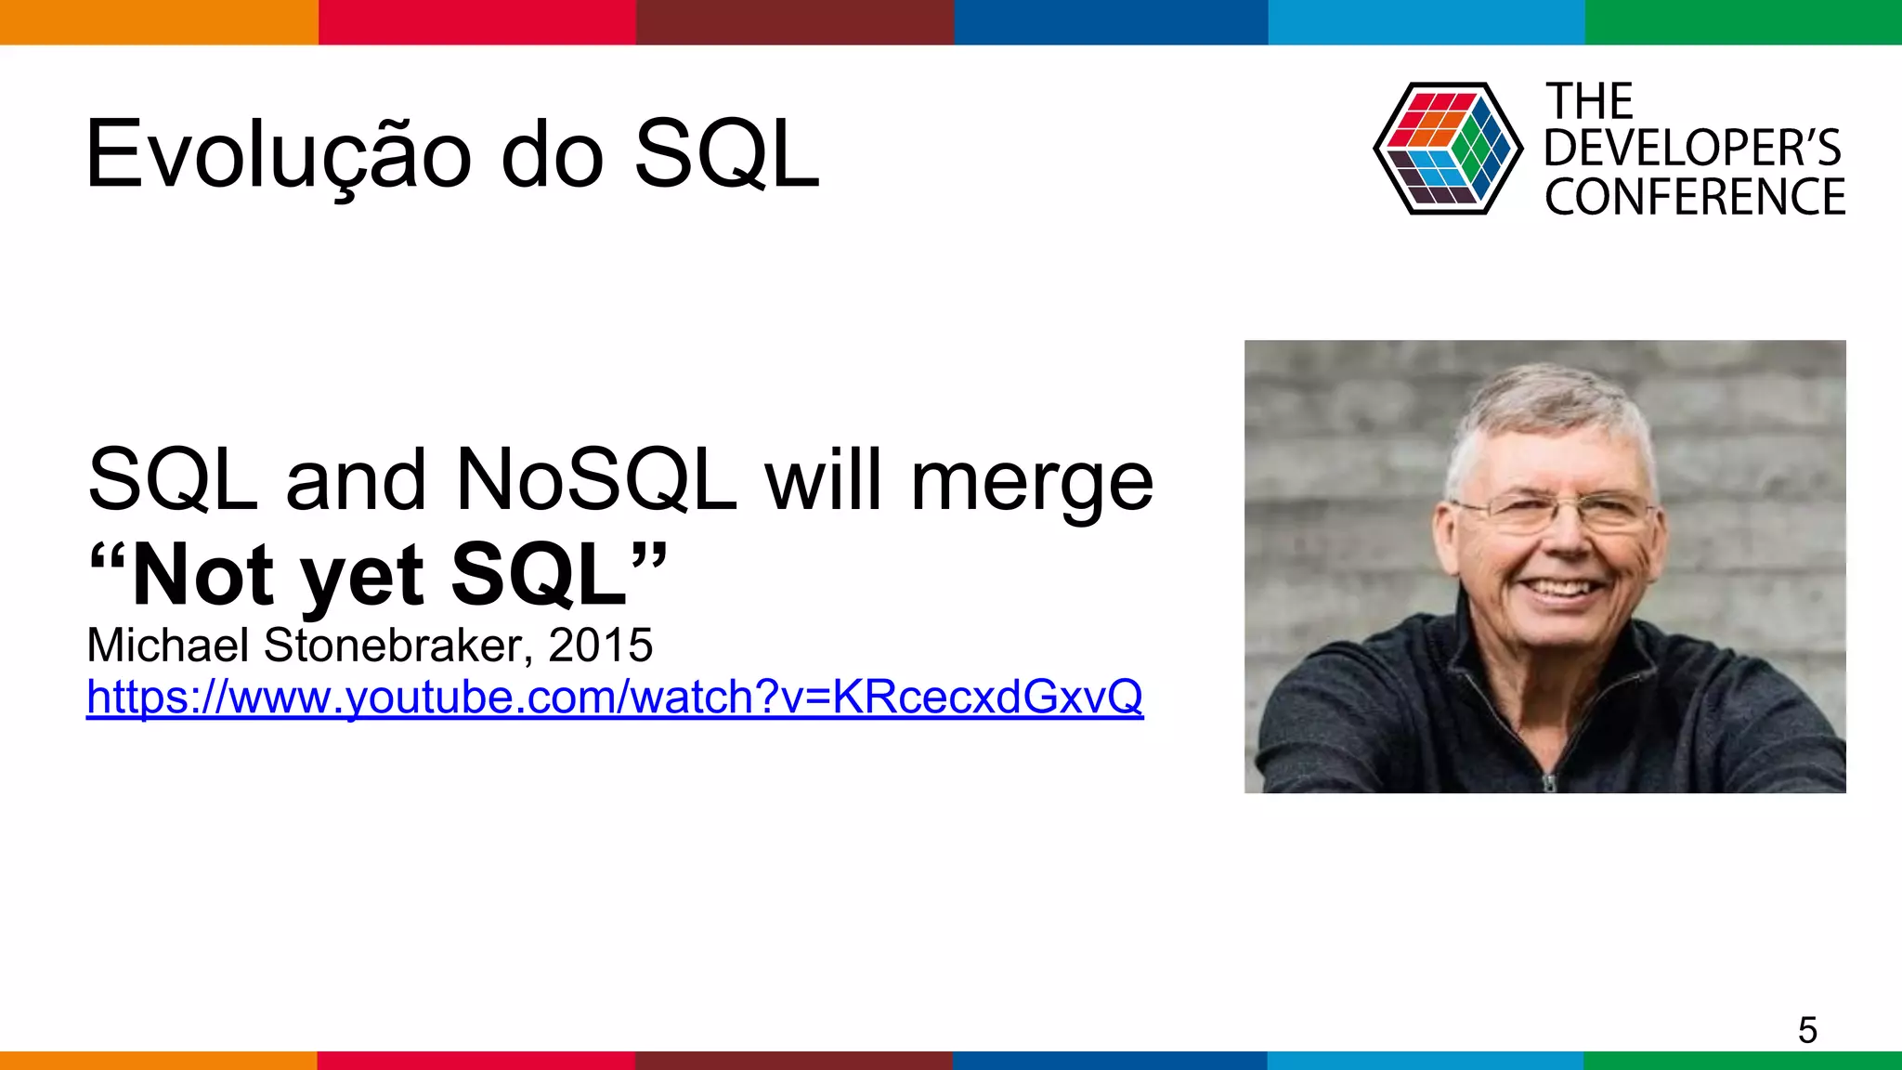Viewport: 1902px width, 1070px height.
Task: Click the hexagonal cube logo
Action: coord(1447,149)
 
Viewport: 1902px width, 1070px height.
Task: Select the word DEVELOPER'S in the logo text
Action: coord(1692,149)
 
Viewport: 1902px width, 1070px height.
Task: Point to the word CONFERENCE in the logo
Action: coord(1695,197)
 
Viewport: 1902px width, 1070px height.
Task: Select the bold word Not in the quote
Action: coord(202,576)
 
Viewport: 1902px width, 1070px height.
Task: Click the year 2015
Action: coord(601,645)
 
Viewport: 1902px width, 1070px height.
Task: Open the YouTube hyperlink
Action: coord(614,697)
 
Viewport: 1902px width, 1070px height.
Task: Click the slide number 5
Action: coord(1806,1030)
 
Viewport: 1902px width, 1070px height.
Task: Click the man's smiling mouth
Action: coord(1564,588)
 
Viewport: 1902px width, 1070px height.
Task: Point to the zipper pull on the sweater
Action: coord(1548,782)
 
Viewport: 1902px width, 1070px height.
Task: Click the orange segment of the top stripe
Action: coord(158,21)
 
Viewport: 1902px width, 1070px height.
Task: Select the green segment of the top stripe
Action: coord(1743,21)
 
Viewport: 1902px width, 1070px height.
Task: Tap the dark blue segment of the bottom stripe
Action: coord(1110,1060)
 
